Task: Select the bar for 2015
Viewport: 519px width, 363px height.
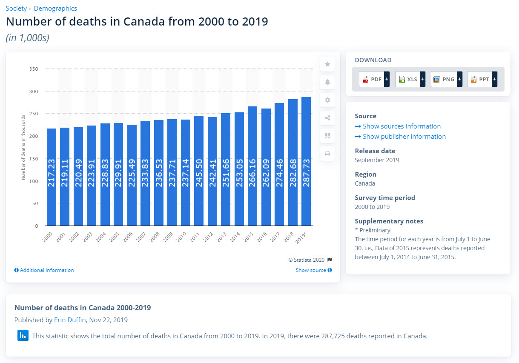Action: point(252,166)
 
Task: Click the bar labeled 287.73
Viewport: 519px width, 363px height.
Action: point(306,162)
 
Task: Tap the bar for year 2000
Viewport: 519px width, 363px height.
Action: point(51,177)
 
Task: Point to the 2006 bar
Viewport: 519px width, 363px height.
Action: point(132,174)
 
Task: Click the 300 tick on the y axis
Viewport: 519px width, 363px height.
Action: point(34,91)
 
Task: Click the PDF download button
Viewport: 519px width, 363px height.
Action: point(374,79)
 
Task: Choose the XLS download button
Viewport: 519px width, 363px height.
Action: point(410,79)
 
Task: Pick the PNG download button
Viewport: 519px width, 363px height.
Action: point(446,79)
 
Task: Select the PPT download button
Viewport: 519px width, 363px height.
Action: point(482,79)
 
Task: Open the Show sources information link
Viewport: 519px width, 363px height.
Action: point(398,126)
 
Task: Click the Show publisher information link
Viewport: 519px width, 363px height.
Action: point(400,137)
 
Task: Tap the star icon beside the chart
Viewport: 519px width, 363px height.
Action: point(327,64)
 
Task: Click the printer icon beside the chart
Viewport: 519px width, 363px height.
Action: point(327,154)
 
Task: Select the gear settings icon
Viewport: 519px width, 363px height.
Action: point(327,100)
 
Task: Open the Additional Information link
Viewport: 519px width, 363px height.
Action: point(44,270)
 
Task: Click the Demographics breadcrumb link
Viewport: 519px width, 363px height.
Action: point(55,9)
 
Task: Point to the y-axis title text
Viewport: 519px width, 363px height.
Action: point(23,147)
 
